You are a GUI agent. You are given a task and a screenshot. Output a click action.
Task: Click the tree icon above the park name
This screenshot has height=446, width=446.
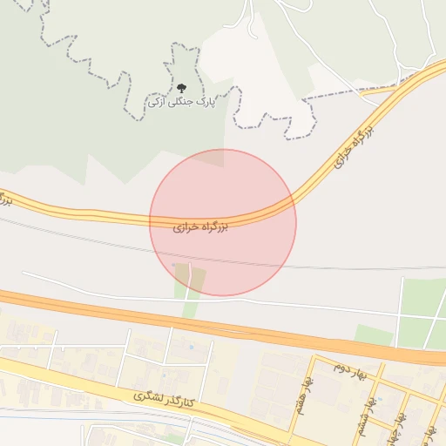181,88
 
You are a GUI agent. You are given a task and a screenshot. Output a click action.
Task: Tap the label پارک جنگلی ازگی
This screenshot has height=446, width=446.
181,102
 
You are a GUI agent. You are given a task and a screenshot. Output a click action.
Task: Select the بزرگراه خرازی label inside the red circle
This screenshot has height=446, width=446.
200,226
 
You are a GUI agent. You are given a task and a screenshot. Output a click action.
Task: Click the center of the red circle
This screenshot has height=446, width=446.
223,222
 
